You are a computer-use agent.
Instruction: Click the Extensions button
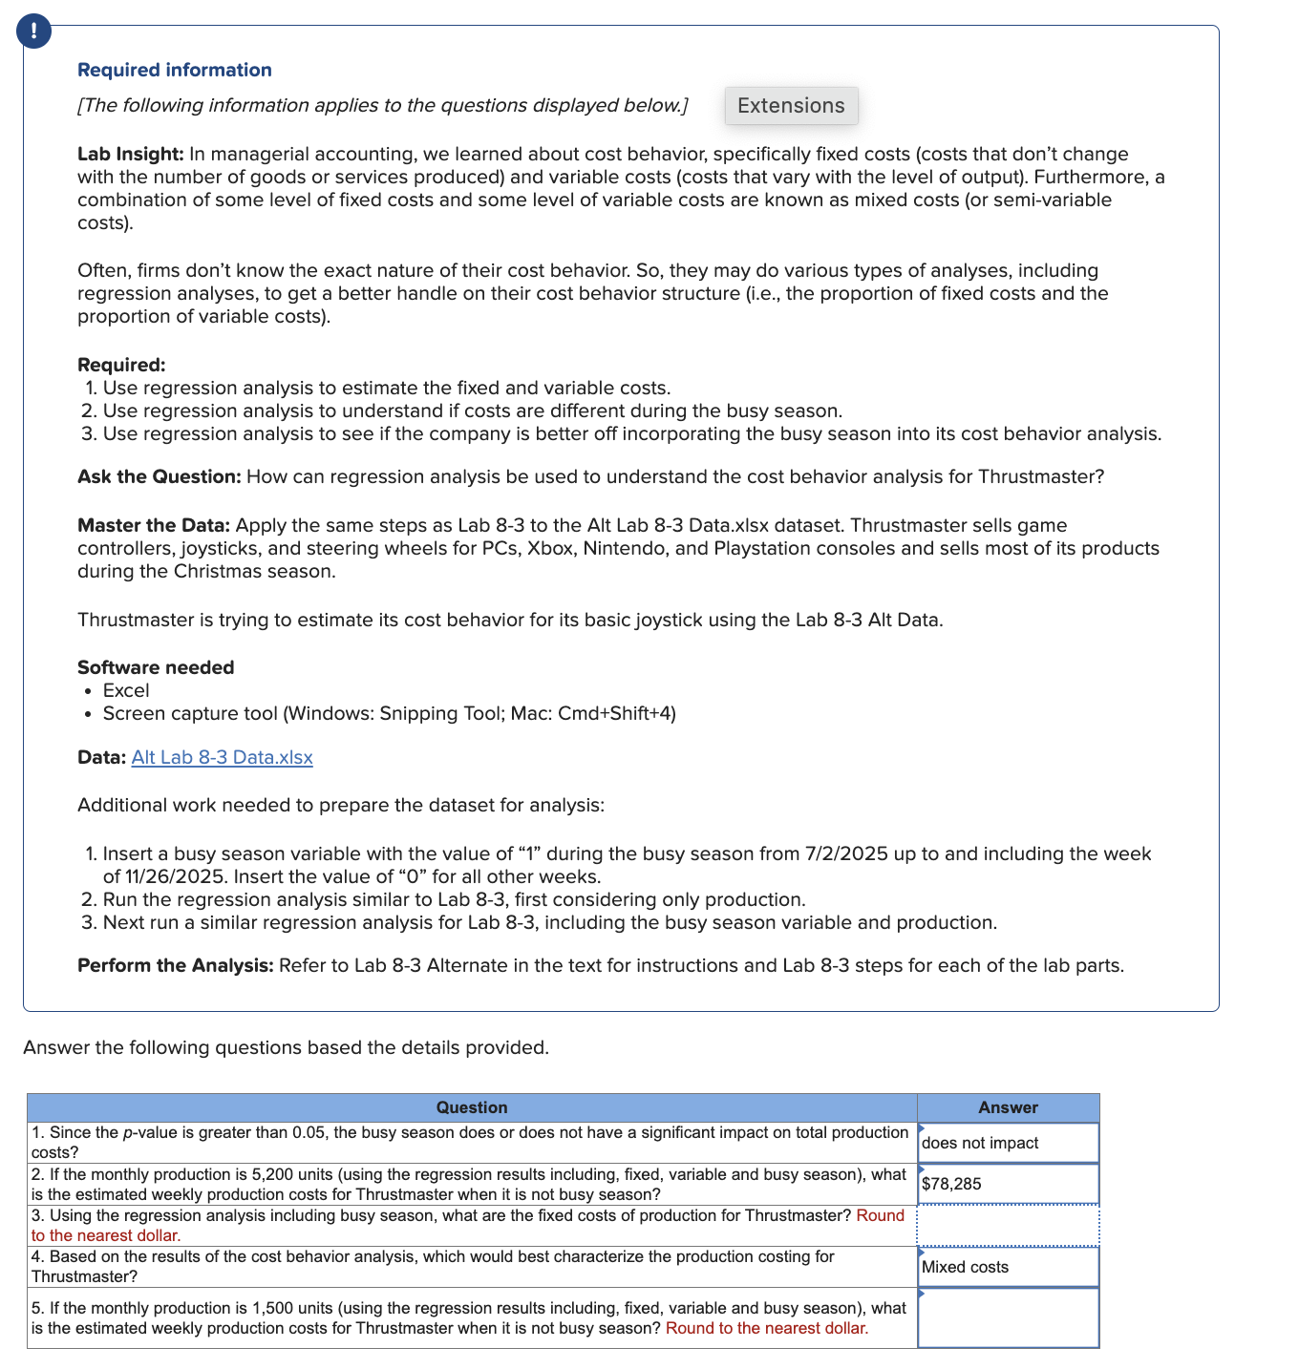791,106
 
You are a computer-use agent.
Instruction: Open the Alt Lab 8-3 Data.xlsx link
222,757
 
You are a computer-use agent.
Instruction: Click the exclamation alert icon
34,32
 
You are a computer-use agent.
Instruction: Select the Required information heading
174,70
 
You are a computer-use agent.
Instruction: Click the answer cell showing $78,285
1008,1184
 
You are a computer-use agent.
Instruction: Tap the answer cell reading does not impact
1008,1143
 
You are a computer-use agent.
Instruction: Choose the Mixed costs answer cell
1008,1267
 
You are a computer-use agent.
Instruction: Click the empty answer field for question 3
1008,1226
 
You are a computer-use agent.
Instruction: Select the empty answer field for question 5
1008,1318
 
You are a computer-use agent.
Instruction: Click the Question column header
472,1107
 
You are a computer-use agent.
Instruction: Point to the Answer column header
1008,1107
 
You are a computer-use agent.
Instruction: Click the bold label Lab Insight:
130,154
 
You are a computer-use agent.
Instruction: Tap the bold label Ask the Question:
159,476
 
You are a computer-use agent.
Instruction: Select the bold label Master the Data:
154,525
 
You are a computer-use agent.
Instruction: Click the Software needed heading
156,667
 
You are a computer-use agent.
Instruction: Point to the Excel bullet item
126,690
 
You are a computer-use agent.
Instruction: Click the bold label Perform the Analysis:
176,965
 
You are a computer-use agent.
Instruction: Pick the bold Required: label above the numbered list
121,365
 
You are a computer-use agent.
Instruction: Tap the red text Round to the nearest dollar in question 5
767,1328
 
